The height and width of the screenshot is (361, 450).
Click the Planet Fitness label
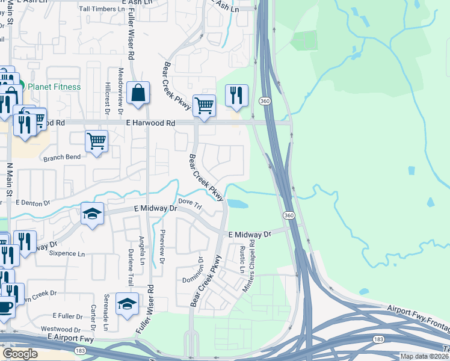pyautogui.click(x=54, y=87)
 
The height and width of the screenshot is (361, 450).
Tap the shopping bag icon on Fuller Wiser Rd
pyautogui.click(x=138, y=94)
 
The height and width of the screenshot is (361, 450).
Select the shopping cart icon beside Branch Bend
pyautogui.click(x=96, y=141)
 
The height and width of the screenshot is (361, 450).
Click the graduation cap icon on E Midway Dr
pyautogui.click(x=92, y=214)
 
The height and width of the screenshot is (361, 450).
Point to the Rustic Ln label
pyautogui.click(x=242, y=259)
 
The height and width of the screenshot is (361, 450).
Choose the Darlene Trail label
pyautogui.click(x=130, y=266)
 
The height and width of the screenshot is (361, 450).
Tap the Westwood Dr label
pyautogui.click(x=60, y=330)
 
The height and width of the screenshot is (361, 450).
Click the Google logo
pyautogui.click(x=20, y=354)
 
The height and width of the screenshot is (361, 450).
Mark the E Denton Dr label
pyautogui.click(x=34, y=203)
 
